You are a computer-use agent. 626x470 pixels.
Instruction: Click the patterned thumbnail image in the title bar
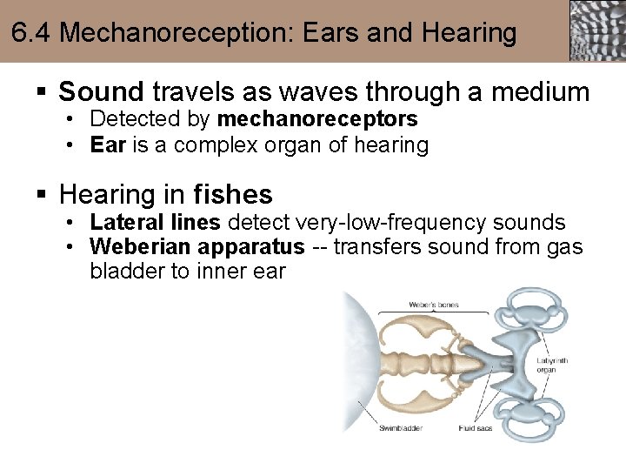tap(597, 30)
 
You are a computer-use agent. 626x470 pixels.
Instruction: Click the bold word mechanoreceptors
tap(317, 118)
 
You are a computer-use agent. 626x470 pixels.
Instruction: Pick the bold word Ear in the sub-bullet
tap(107, 144)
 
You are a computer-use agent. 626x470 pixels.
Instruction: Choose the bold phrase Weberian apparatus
tap(197, 247)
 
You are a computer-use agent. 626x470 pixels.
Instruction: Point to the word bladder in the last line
tap(127, 271)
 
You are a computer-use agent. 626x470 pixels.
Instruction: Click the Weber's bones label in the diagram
tap(434, 305)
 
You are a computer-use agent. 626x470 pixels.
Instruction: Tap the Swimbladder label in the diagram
tap(402, 428)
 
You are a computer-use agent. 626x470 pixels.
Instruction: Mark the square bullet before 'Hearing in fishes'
tap(41, 195)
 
